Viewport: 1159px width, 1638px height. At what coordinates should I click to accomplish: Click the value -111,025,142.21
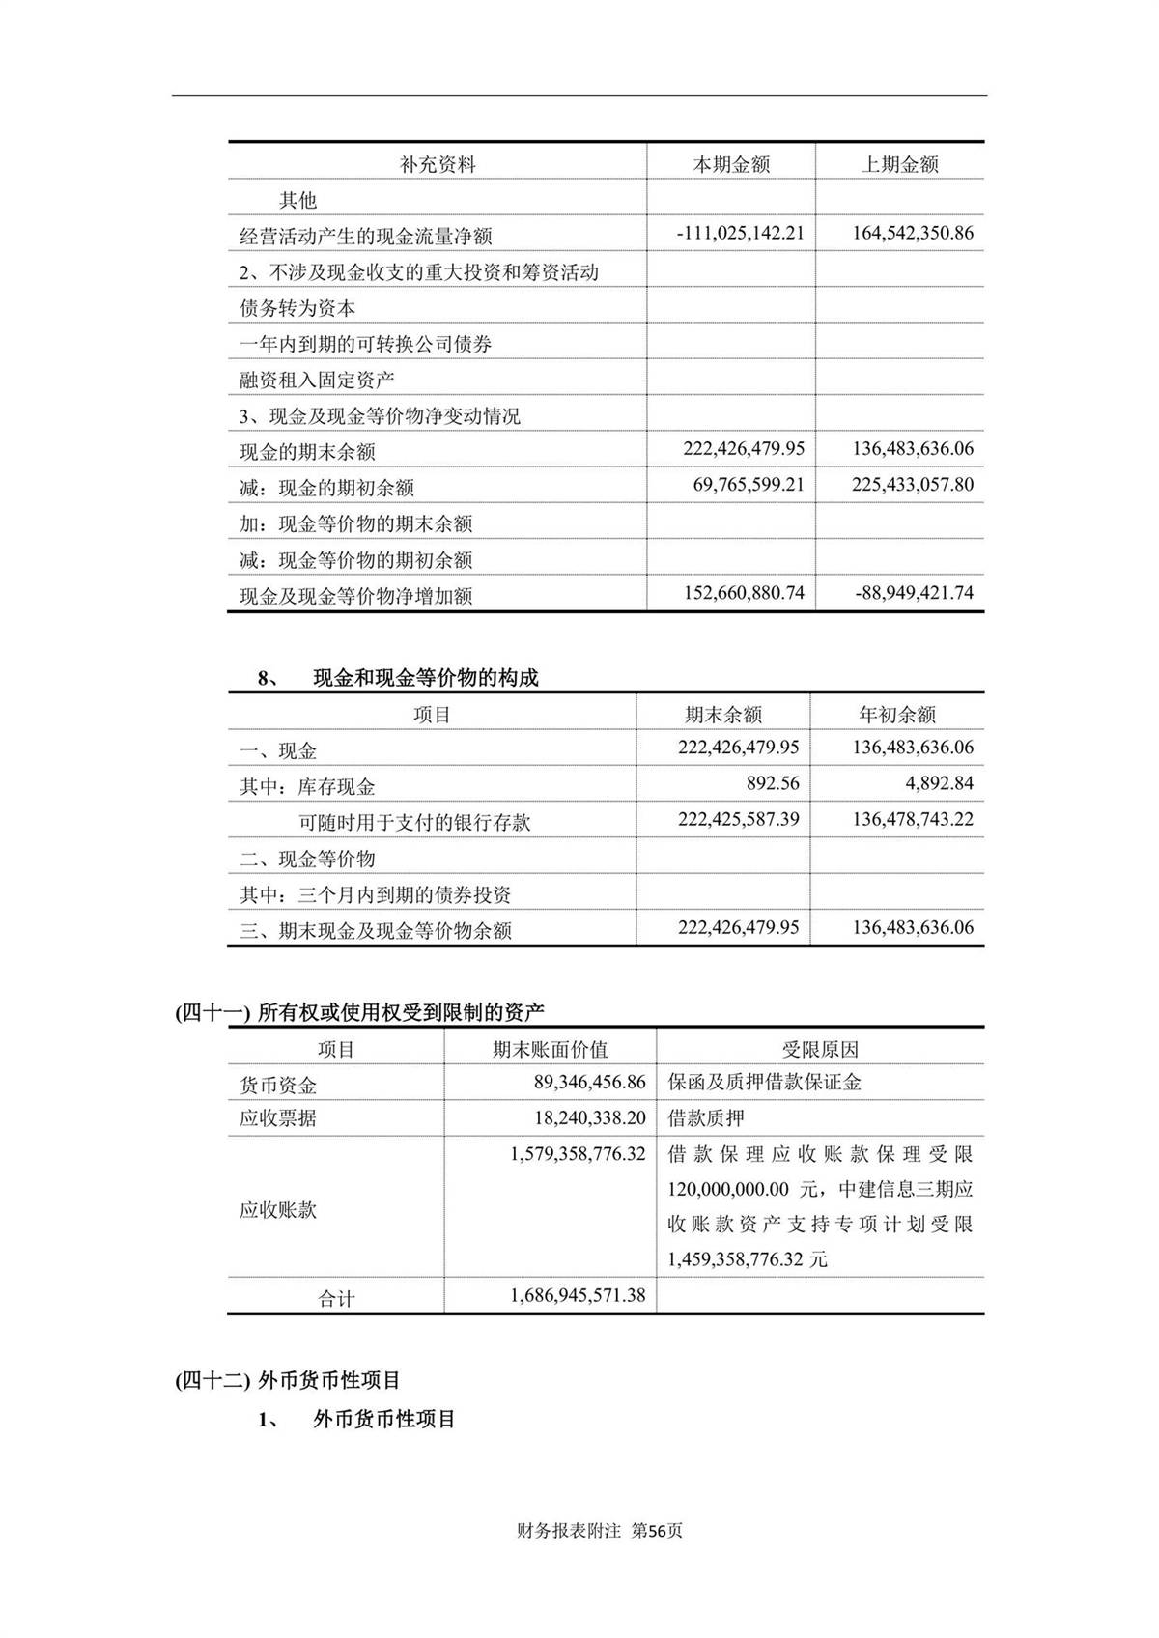[740, 234]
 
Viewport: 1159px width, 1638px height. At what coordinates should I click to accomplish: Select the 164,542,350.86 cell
[913, 234]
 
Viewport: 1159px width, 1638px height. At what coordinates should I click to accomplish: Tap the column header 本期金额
[731, 164]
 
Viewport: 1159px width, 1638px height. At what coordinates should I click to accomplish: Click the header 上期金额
[899, 164]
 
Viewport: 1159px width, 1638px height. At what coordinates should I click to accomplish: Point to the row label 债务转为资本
[297, 308]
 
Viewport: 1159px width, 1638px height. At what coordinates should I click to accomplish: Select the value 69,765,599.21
[748, 485]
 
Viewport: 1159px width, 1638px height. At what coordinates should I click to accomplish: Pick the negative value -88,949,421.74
[914, 593]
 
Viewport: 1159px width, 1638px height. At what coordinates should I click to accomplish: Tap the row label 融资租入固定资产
[317, 381]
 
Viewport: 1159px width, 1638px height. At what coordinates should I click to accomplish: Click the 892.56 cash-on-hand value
[773, 783]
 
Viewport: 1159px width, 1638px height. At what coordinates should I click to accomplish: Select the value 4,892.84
[933, 783]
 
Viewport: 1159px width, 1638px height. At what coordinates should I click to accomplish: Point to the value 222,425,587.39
[738, 819]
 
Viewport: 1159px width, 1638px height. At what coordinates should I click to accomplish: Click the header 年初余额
[897, 715]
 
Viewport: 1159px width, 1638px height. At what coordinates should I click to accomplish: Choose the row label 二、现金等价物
[307, 859]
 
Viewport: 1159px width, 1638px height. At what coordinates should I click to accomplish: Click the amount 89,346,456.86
[589, 1083]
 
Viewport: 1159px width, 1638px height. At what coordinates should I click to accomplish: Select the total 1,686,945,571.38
[578, 1296]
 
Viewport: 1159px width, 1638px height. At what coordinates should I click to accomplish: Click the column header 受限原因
[820, 1049]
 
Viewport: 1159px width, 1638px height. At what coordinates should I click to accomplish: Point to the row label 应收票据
[278, 1118]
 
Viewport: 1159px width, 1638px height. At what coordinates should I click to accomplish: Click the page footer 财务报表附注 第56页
[600, 1531]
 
